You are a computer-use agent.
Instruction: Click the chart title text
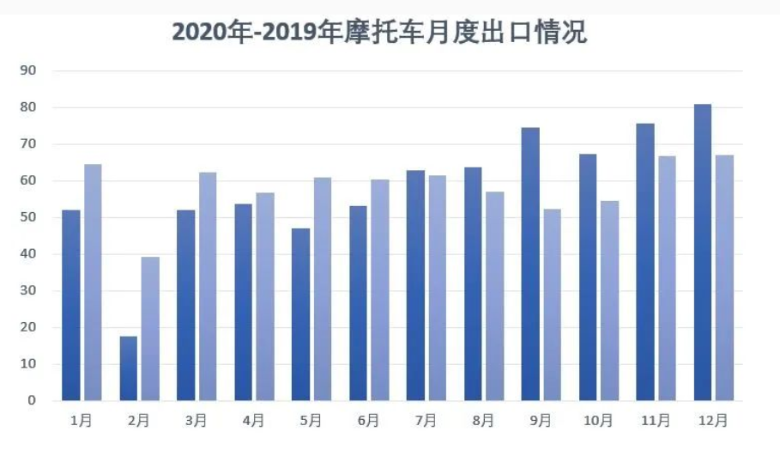click(x=379, y=33)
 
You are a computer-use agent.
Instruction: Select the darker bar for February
click(x=128, y=368)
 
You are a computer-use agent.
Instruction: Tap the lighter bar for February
click(x=150, y=329)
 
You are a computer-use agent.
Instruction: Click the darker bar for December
click(x=703, y=252)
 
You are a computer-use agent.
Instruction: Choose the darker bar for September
click(x=530, y=264)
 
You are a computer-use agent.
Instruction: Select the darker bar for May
click(x=300, y=314)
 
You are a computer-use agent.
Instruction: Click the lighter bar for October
click(x=610, y=301)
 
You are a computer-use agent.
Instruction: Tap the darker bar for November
click(x=645, y=262)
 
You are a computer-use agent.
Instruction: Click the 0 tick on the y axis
click(x=32, y=400)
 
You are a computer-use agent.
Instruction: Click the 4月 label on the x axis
click(x=253, y=421)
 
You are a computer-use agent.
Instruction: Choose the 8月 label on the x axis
click(x=483, y=421)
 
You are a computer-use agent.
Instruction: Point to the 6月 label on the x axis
click(x=368, y=421)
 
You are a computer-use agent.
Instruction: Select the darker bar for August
click(x=473, y=283)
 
